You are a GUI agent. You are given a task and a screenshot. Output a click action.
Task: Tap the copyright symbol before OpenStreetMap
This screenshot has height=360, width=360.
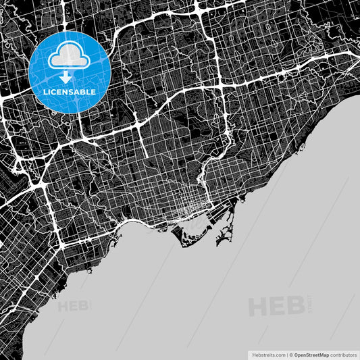pyautogui.click(x=290, y=354)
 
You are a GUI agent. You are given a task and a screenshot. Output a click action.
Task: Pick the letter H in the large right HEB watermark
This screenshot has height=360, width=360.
pyautogui.click(x=260, y=307)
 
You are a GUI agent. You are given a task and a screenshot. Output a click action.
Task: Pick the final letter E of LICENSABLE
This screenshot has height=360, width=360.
pyautogui.click(x=93, y=92)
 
